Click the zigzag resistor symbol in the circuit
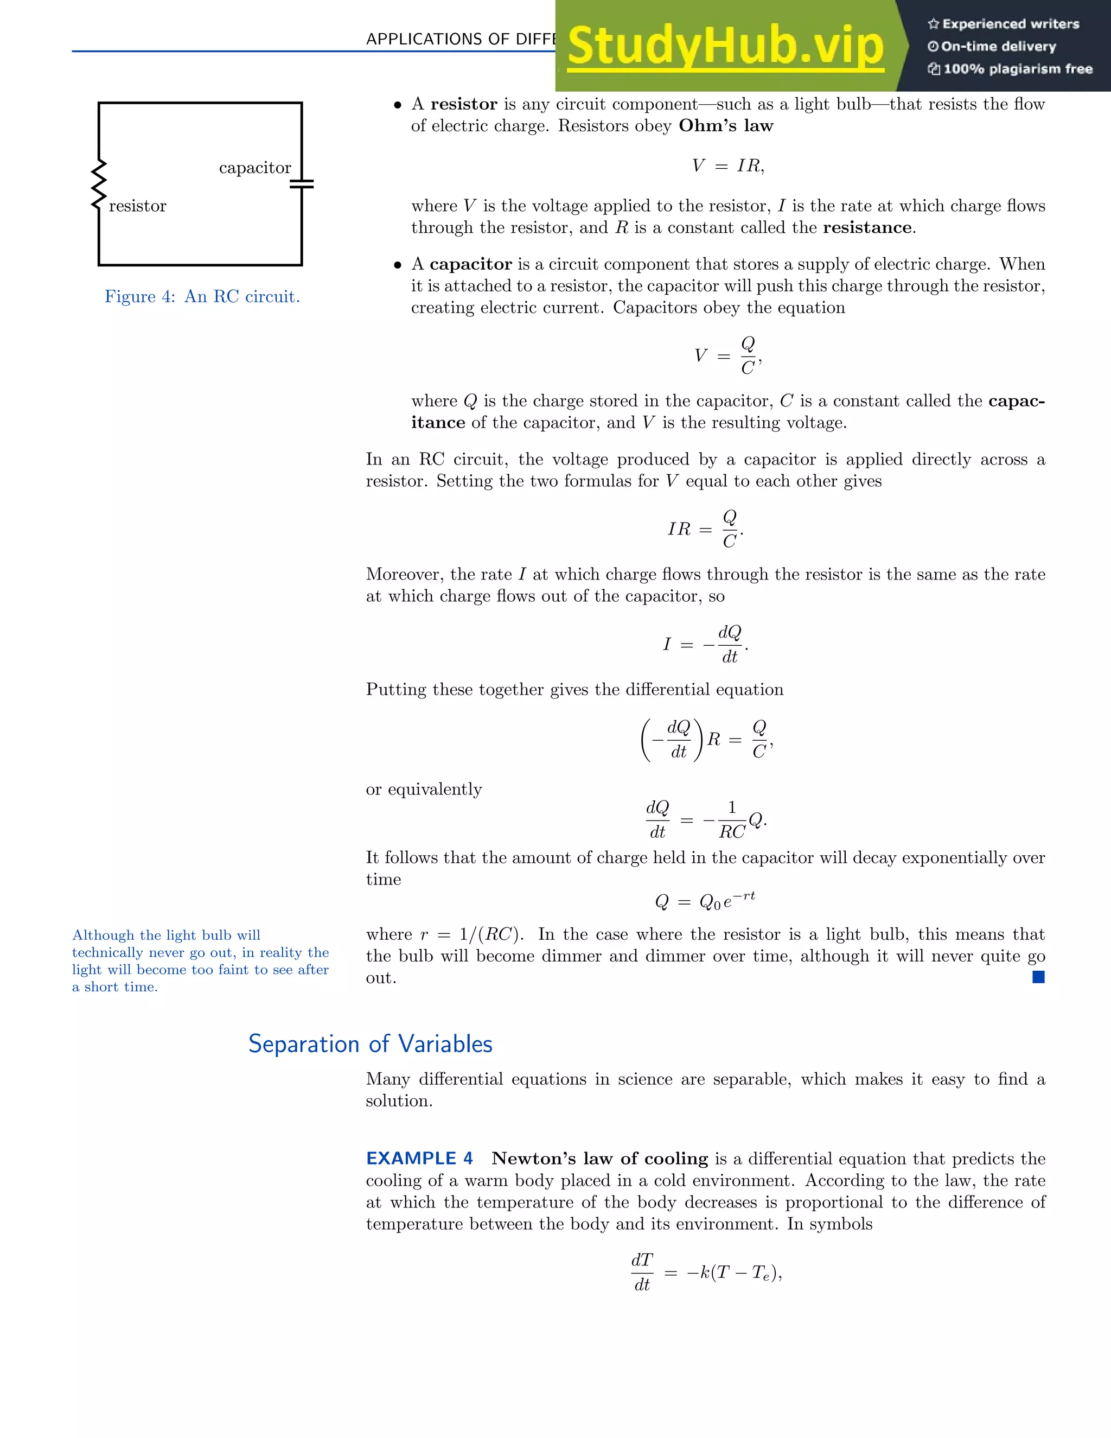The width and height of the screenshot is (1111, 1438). [x=99, y=184]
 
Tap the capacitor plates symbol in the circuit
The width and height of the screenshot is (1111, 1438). [x=302, y=184]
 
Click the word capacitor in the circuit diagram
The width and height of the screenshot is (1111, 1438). [x=255, y=168]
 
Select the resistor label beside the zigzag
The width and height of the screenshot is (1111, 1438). [x=138, y=206]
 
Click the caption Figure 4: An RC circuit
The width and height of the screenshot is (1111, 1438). [x=202, y=297]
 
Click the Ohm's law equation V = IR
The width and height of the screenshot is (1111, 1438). [x=727, y=166]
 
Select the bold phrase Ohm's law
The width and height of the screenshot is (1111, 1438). [x=726, y=126]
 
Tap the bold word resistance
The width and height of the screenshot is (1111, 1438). [x=867, y=228]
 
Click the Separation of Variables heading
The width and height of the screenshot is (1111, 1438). [x=370, y=1044]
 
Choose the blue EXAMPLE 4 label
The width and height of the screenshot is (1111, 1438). [x=419, y=1159]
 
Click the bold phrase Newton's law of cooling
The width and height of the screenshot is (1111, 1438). [x=599, y=1159]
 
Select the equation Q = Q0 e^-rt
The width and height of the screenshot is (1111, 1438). [x=705, y=901]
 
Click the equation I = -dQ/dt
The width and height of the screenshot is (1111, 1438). [x=705, y=645]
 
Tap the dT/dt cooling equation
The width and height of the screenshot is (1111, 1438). [x=706, y=1272]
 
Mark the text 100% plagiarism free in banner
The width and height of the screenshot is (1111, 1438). [x=1010, y=69]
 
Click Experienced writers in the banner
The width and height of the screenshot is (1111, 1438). [x=1004, y=24]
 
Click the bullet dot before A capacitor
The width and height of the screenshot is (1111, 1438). [x=398, y=265]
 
